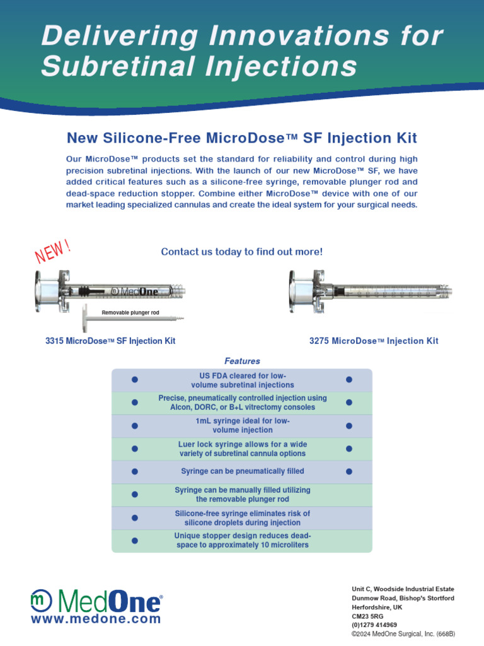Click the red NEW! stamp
tap(52, 250)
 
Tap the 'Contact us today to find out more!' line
tap(242, 252)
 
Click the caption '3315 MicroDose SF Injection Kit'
tap(110, 341)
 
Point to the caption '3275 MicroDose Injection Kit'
tap(374, 341)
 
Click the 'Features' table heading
tap(242, 361)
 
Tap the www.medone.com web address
tap(96, 620)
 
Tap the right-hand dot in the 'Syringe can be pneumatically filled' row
tap(349, 471)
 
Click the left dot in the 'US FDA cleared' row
tap(134, 380)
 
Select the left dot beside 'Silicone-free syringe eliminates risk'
tap(134, 518)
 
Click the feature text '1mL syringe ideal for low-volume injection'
tap(242, 425)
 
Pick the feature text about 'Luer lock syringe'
tap(242, 449)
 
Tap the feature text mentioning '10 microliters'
tap(242, 540)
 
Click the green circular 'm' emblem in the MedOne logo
tap(40, 600)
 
